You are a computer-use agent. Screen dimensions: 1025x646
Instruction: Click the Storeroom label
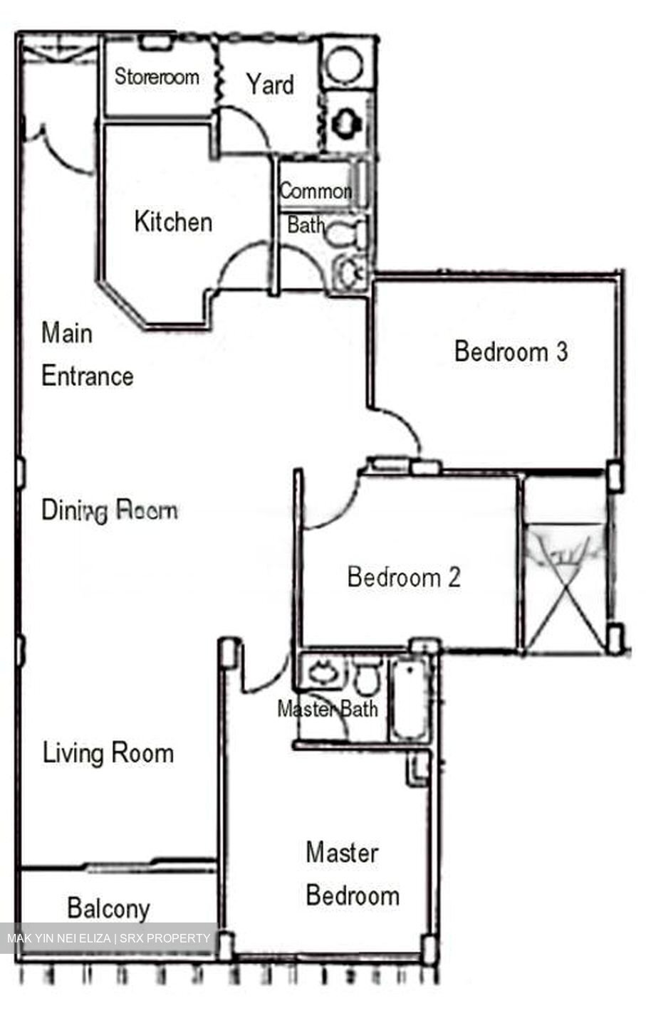click(157, 76)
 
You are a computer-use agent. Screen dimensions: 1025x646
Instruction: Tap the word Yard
click(270, 85)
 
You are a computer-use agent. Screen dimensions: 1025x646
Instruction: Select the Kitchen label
click(173, 221)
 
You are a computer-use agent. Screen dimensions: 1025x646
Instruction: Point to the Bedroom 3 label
click(511, 351)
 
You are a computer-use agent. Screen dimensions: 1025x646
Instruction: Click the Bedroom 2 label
click(404, 576)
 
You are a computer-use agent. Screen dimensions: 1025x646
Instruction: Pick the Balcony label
click(108, 908)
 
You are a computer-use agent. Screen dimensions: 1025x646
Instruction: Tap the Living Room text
click(108, 752)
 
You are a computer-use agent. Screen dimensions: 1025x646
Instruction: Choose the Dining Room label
click(109, 510)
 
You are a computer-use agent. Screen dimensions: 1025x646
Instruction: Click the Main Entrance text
click(87, 354)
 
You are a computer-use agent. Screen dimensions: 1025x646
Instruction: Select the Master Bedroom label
click(352, 873)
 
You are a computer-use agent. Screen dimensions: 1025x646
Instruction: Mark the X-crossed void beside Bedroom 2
click(566, 584)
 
